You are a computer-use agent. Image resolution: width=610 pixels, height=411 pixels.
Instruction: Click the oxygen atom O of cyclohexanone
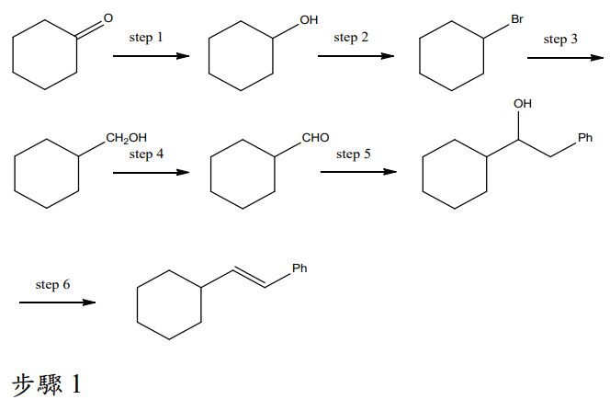point(108,17)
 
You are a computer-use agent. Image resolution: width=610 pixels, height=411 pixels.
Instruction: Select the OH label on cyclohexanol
point(309,20)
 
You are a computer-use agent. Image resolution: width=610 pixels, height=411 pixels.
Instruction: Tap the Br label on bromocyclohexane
point(517,18)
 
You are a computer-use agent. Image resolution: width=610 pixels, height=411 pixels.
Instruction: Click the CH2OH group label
point(127,138)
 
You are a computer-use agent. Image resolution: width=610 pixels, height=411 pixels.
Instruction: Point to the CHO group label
point(315,137)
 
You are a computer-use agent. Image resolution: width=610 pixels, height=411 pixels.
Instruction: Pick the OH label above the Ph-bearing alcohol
point(523,104)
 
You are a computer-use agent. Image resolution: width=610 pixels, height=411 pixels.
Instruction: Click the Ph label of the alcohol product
point(584,137)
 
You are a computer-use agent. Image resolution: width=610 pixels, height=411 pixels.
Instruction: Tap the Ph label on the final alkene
point(299,268)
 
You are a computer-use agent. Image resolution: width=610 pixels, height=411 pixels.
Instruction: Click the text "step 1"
point(146,38)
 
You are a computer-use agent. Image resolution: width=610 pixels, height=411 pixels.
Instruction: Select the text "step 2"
point(351,38)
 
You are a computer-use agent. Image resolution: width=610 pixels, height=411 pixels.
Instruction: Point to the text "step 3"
point(560,39)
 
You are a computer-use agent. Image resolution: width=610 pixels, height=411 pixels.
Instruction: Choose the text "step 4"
point(146,154)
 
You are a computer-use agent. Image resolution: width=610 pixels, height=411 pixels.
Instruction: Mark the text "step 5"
point(354,154)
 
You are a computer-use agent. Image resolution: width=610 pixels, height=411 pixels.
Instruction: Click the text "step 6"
point(52,284)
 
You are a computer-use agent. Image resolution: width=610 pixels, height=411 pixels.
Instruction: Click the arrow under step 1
point(151,56)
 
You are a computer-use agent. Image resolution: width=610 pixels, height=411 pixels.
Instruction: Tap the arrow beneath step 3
point(565,58)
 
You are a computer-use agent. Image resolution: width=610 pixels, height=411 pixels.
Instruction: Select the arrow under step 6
point(57,303)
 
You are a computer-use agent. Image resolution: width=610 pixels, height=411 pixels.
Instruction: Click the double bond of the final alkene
point(250,277)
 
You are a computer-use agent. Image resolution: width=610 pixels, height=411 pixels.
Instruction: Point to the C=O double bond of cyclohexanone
point(90,29)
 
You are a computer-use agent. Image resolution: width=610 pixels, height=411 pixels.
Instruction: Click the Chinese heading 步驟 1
point(47,384)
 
